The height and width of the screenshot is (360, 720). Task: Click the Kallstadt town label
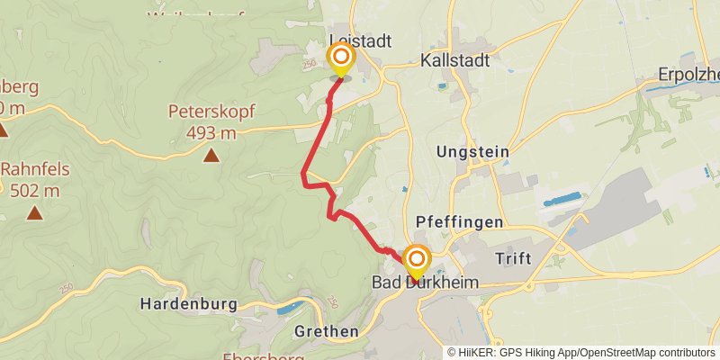(x=454, y=61)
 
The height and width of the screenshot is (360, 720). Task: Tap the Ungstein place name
(x=472, y=152)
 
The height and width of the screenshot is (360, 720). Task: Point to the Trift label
(x=513, y=258)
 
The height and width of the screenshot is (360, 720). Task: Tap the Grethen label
(x=326, y=331)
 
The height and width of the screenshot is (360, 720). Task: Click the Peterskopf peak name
(x=211, y=112)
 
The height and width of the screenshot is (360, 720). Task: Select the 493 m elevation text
(x=211, y=133)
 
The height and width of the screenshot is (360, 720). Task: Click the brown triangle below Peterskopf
(x=211, y=157)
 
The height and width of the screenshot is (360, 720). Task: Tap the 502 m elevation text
(x=34, y=190)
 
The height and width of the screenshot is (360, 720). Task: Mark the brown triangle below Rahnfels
(x=34, y=213)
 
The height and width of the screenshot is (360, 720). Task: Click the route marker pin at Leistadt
(x=341, y=59)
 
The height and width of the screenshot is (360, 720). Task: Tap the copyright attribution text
(x=580, y=352)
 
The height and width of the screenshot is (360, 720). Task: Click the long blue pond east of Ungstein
(x=562, y=199)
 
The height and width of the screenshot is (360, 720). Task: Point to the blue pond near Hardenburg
(x=291, y=309)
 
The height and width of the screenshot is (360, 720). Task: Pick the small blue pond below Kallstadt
(x=441, y=86)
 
